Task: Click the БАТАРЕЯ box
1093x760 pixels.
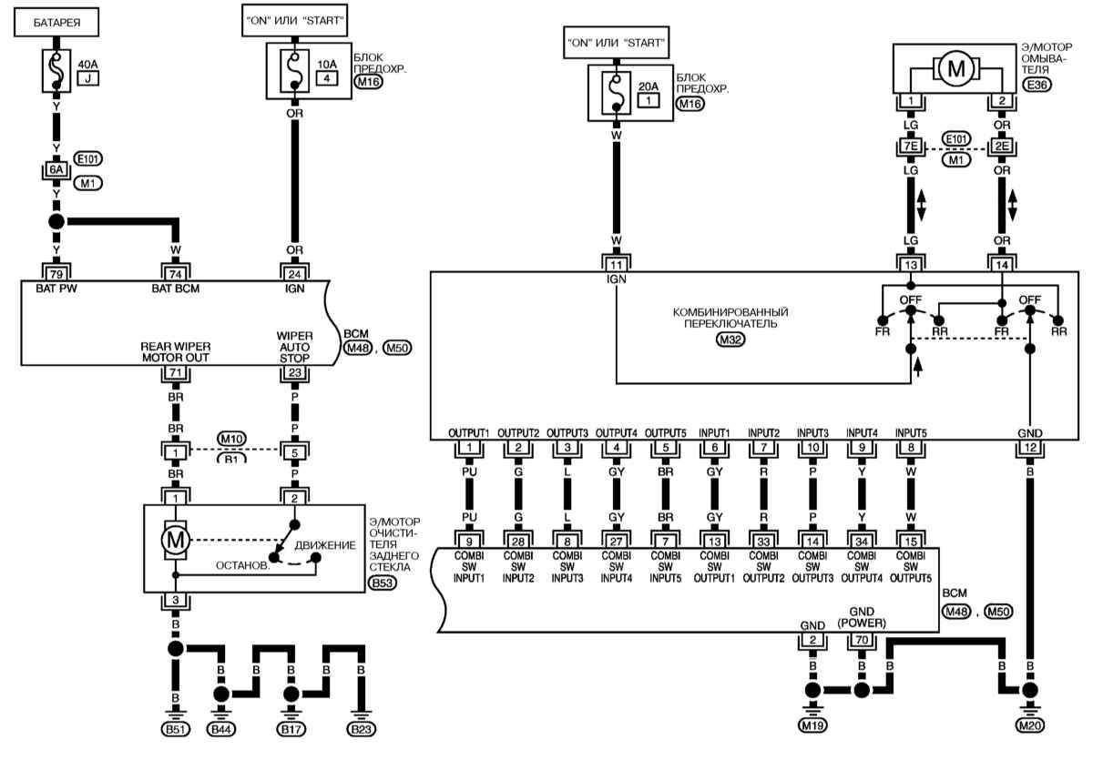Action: pyautogui.click(x=56, y=22)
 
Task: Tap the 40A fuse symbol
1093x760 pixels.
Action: pyautogui.click(x=56, y=71)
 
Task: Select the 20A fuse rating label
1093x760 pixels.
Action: pyautogui.click(x=648, y=86)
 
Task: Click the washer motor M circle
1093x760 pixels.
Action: pyautogui.click(x=955, y=69)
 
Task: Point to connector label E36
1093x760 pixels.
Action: pyautogui.click(x=1037, y=85)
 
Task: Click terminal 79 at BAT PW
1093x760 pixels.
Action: pyautogui.click(x=56, y=273)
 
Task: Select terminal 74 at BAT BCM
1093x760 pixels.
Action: pyautogui.click(x=176, y=273)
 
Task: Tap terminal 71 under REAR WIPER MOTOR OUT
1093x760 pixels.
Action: pyautogui.click(x=176, y=373)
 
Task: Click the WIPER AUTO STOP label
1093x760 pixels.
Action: pyautogui.click(x=294, y=347)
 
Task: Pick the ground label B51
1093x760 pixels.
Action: pyautogui.click(x=176, y=729)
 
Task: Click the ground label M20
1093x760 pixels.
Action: pyautogui.click(x=1030, y=726)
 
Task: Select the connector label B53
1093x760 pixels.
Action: pyautogui.click(x=383, y=583)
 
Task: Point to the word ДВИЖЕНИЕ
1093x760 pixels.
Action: pyautogui.click(x=325, y=545)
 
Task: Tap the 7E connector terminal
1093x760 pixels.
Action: pyautogui.click(x=911, y=147)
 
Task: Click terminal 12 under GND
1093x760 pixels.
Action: pyautogui.click(x=1030, y=447)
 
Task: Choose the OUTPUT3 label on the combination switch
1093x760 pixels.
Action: pyautogui.click(x=567, y=433)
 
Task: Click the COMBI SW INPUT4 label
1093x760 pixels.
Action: pyautogui.click(x=617, y=567)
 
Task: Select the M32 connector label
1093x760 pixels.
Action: pyautogui.click(x=730, y=339)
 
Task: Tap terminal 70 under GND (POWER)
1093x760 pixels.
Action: pyautogui.click(x=862, y=640)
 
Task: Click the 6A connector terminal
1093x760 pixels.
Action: pyautogui.click(x=56, y=169)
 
